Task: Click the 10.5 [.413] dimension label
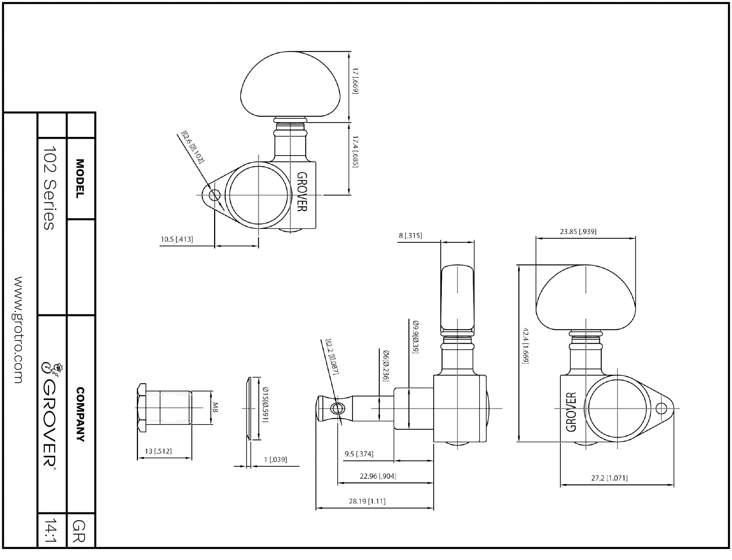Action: pos(177,239)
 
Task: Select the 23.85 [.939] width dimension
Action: pos(578,231)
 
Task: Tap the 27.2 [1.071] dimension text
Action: pos(609,478)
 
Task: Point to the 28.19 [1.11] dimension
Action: pos(367,501)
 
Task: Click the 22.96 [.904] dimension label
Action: pos(378,476)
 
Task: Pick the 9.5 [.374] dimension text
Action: pos(359,454)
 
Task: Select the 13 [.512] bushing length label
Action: pos(158,451)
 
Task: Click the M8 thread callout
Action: pos(215,407)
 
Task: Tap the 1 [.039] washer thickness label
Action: pos(276,459)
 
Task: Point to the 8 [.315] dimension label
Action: pos(410,235)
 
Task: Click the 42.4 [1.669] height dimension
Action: pos(526,346)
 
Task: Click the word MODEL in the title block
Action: pos(80,179)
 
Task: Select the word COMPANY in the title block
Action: pos(80,414)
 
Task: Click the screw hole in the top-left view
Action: pos(214,195)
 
